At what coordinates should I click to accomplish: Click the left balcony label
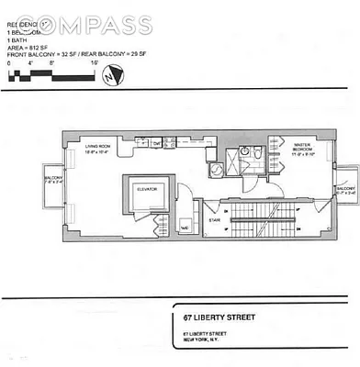pyautogui.click(x=51, y=180)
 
